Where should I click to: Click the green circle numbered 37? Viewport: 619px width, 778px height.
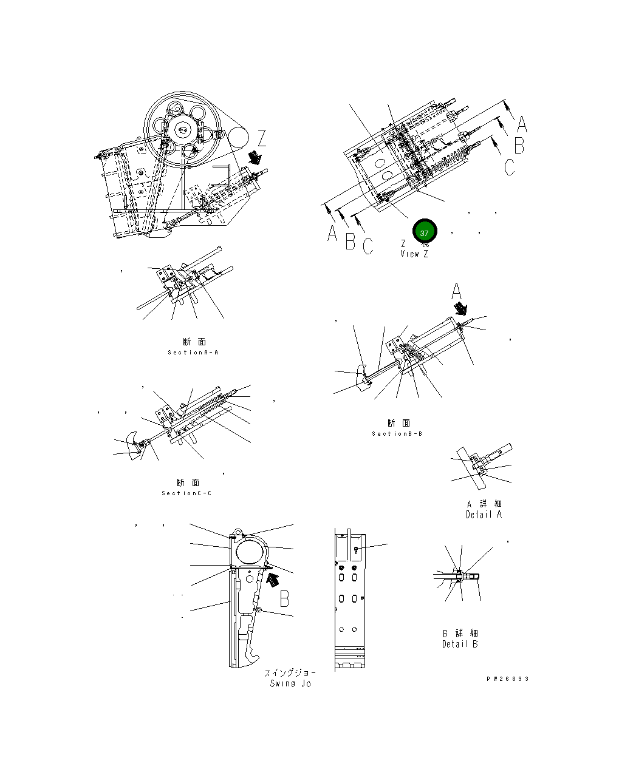424,233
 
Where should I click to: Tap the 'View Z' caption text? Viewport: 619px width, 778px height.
414,254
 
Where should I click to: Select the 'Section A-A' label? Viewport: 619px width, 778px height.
193,353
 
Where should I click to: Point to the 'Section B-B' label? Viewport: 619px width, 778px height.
397,434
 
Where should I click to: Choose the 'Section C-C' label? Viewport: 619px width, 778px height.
186,493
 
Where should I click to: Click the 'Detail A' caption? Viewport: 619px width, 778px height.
484,515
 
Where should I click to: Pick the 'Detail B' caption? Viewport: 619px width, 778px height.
460,644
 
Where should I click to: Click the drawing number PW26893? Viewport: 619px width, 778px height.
507,678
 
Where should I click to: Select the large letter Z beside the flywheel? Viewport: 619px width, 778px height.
262,138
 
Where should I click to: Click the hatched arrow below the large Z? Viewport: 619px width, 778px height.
255,158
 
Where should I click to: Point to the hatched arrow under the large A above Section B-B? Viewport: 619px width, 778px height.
463,310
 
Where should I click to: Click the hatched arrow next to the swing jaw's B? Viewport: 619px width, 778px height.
273,579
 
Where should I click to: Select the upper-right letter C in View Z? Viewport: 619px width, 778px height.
510,166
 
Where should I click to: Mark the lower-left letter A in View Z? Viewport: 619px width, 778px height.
332,233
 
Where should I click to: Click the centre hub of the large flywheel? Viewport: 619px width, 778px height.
182,129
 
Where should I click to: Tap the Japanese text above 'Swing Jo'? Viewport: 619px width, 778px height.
290,673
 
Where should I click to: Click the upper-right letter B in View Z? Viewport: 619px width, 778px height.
519,146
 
